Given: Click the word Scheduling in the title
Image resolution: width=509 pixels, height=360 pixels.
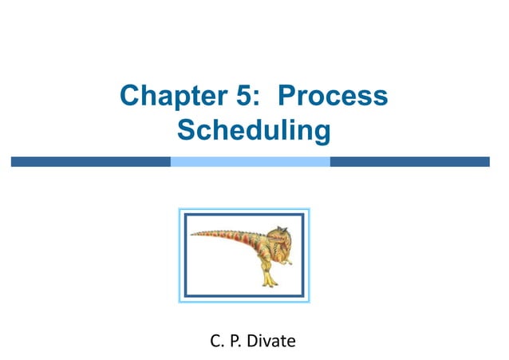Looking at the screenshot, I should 254,129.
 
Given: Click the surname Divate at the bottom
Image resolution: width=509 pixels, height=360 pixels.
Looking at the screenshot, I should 270,342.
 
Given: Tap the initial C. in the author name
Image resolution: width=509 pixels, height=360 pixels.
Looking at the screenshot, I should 216,342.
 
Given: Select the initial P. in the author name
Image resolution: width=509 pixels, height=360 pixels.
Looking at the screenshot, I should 235,342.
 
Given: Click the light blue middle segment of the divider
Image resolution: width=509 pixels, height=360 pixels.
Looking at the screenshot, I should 250,161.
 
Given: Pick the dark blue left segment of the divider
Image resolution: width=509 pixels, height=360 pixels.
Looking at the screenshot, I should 90,161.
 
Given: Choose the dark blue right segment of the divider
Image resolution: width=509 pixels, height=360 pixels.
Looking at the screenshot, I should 409,161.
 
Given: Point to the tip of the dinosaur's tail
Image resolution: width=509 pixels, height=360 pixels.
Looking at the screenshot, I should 192,234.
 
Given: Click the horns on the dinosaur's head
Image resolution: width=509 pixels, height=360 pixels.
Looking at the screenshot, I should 279,228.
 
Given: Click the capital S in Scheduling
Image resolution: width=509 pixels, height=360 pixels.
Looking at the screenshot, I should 186,129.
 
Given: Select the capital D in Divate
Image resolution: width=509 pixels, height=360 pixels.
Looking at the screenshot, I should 253,342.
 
